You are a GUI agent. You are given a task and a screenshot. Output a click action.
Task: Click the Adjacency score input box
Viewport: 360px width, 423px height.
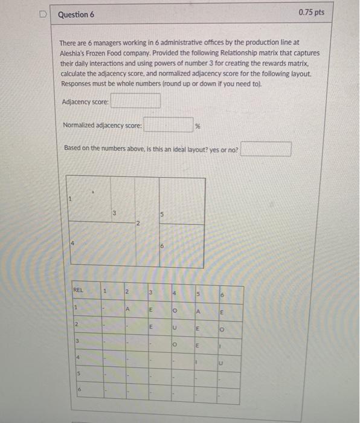coord(135,102)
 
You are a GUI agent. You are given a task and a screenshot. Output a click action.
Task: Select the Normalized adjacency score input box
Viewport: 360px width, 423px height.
coord(168,126)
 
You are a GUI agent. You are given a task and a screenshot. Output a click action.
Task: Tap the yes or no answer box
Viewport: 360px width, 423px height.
coord(266,149)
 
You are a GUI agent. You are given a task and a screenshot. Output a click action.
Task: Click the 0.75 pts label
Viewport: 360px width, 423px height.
coord(311,13)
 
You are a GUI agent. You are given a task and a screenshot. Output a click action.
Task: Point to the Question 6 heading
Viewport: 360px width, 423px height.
coord(76,14)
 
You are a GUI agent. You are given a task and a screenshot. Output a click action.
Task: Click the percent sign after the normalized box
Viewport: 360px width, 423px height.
coord(198,126)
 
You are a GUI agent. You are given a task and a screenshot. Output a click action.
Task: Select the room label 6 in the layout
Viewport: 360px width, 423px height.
coord(162,246)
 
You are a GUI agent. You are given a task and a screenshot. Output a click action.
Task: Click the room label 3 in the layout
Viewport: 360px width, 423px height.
coord(114,211)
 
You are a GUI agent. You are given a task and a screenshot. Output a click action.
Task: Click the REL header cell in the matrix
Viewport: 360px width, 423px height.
coord(79,290)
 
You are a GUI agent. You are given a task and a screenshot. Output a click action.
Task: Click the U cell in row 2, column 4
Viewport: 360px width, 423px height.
coord(173,328)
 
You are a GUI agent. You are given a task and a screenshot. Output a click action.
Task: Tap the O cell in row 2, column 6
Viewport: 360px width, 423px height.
coord(221,330)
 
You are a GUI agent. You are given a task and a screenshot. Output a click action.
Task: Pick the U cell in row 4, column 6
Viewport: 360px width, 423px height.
coord(221,364)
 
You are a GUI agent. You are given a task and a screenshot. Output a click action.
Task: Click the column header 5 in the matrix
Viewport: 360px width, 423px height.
coord(197,294)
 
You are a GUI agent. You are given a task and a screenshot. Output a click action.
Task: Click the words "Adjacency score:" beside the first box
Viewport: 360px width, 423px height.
coord(85,102)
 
